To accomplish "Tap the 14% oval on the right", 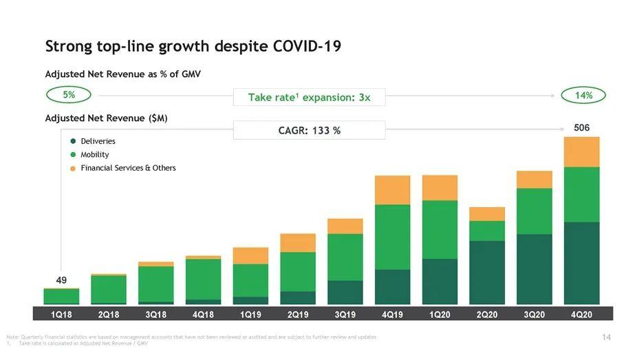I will click(x=583, y=96).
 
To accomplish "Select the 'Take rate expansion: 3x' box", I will click(x=310, y=97).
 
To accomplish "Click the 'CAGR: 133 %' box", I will click(x=309, y=130).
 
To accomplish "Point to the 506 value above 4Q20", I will click(x=581, y=128).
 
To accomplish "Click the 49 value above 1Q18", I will click(x=61, y=280).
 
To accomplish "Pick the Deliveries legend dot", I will click(x=72, y=141).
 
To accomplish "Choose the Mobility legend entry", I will click(x=94, y=155).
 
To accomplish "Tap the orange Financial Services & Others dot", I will click(x=72, y=168).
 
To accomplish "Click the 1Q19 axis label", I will click(x=250, y=315).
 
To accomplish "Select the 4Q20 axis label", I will click(x=581, y=315).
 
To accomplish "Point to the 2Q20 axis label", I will click(x=487, y=315).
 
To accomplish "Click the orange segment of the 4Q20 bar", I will click(x=581, y=151).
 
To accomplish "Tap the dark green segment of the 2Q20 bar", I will click(x=487, y=272).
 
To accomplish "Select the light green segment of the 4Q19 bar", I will click(x=392, y=236).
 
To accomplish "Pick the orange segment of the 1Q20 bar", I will click(x=440, y=187).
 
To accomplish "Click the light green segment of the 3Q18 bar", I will click(x=155, y=284).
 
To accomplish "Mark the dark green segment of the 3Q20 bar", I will click(x=535, y=268).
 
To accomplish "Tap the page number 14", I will click(x=606, y=337).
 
